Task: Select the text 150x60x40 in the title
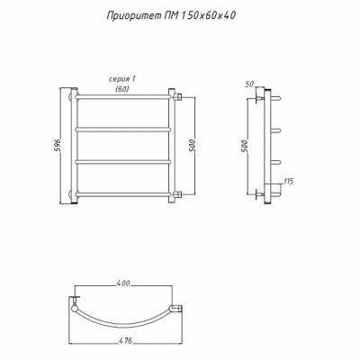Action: point(208,15)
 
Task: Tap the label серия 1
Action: point(122,79)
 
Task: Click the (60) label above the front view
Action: point(122,89)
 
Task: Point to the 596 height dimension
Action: point(58,147)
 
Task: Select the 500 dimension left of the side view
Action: point(245,146)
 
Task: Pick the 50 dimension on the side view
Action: point(249,85)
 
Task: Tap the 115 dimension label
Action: point(288,181)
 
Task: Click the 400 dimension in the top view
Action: point(123,283)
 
